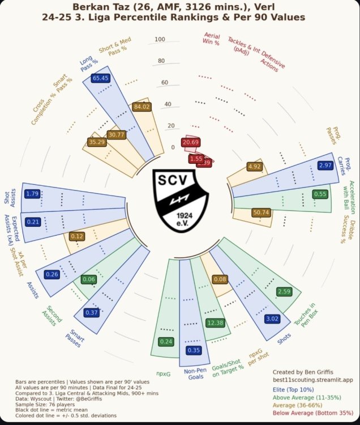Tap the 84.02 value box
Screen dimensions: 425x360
[x=141, y=106]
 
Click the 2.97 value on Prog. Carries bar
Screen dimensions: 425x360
[x=325, y=165]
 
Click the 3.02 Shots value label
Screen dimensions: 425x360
[x=272, y=319]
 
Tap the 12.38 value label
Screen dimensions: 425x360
[x=215, y=323]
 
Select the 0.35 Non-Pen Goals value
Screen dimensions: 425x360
[x=194, y=350]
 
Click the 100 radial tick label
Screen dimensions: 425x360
[x=160, y=39]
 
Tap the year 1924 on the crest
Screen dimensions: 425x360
[x=183, y=216]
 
